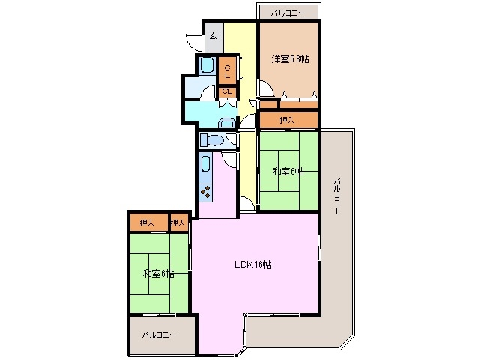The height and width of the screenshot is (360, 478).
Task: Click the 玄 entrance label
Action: tap(213, 36)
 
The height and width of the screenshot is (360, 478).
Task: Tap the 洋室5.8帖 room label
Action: tap(290, 59)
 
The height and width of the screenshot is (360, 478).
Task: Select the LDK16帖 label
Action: tap(253, 265)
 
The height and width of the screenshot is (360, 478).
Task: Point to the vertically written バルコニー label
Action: tap(337, 196)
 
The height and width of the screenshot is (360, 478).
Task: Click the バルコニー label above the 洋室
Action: tap(288, 13)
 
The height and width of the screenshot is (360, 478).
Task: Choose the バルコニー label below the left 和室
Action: tap(159, 335)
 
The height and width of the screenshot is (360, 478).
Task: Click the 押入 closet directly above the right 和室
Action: tap(288, 120)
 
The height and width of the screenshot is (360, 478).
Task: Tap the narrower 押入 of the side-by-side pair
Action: tap(178, 223)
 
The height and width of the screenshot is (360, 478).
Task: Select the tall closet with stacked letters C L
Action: tap(227, 70)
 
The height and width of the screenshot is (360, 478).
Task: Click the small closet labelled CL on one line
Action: tap(227, 91)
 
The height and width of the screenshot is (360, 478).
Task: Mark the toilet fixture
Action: tap(212, 140)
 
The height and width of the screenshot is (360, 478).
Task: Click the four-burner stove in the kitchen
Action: tap(205, 192)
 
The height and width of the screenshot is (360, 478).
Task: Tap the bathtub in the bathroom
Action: tap(206, 64)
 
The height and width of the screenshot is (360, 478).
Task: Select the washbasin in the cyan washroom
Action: tap(227, 123)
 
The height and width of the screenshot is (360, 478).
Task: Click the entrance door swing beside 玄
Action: tap(194, 43)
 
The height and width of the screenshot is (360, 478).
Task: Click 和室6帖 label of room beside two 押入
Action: tap(159, 274)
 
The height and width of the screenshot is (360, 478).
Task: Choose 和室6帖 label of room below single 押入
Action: tap(288, 172)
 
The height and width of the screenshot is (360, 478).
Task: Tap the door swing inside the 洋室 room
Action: tap(266, 88)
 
